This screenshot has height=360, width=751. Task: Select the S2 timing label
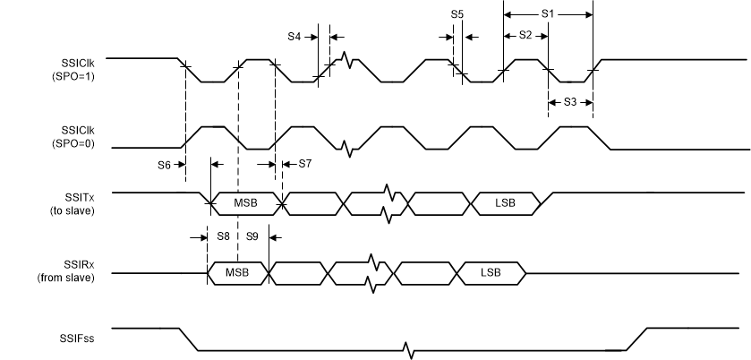(x=525, y=35)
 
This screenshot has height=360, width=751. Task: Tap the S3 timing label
(x=570, y=101)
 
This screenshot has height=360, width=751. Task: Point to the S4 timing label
(x=294, y=37)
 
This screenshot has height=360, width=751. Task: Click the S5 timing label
(x=457, y=14)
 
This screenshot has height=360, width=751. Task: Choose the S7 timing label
(x=304, y=164)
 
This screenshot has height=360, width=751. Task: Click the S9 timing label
(x=252, y=236)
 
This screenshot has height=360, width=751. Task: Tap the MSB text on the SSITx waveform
(x=246, y=202)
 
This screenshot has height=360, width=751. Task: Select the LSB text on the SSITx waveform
(x=506, y=202)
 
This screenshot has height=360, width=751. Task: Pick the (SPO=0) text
(x=75, y=142)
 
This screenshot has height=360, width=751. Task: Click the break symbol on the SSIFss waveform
(x=409, y=348)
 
